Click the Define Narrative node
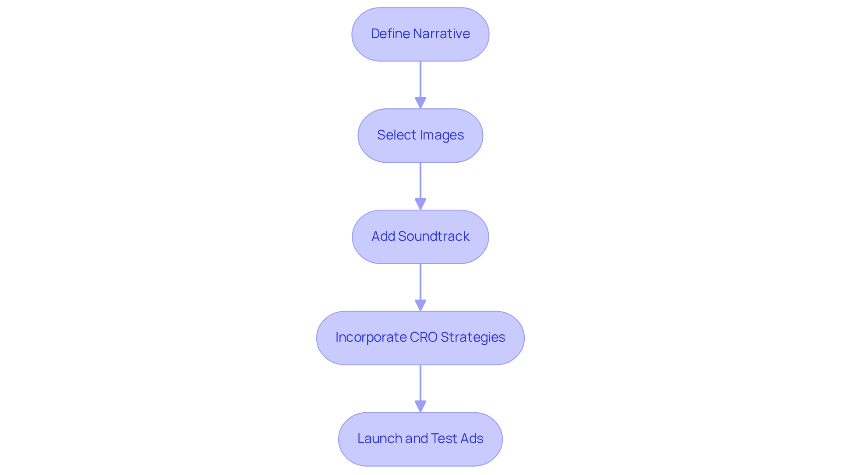click(420, 34)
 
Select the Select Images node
click(420, 136)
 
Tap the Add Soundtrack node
click(420, 237)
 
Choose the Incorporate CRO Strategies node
click(420, 338)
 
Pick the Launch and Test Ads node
click(420, 439)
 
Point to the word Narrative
click(442, 34)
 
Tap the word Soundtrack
click(434, 236)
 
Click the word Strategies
click(473, 337)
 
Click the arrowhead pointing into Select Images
click(420, 103)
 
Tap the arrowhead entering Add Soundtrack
click(420, 204)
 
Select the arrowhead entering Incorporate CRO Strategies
click(420, 306)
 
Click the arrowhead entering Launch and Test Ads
click(420, 407)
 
